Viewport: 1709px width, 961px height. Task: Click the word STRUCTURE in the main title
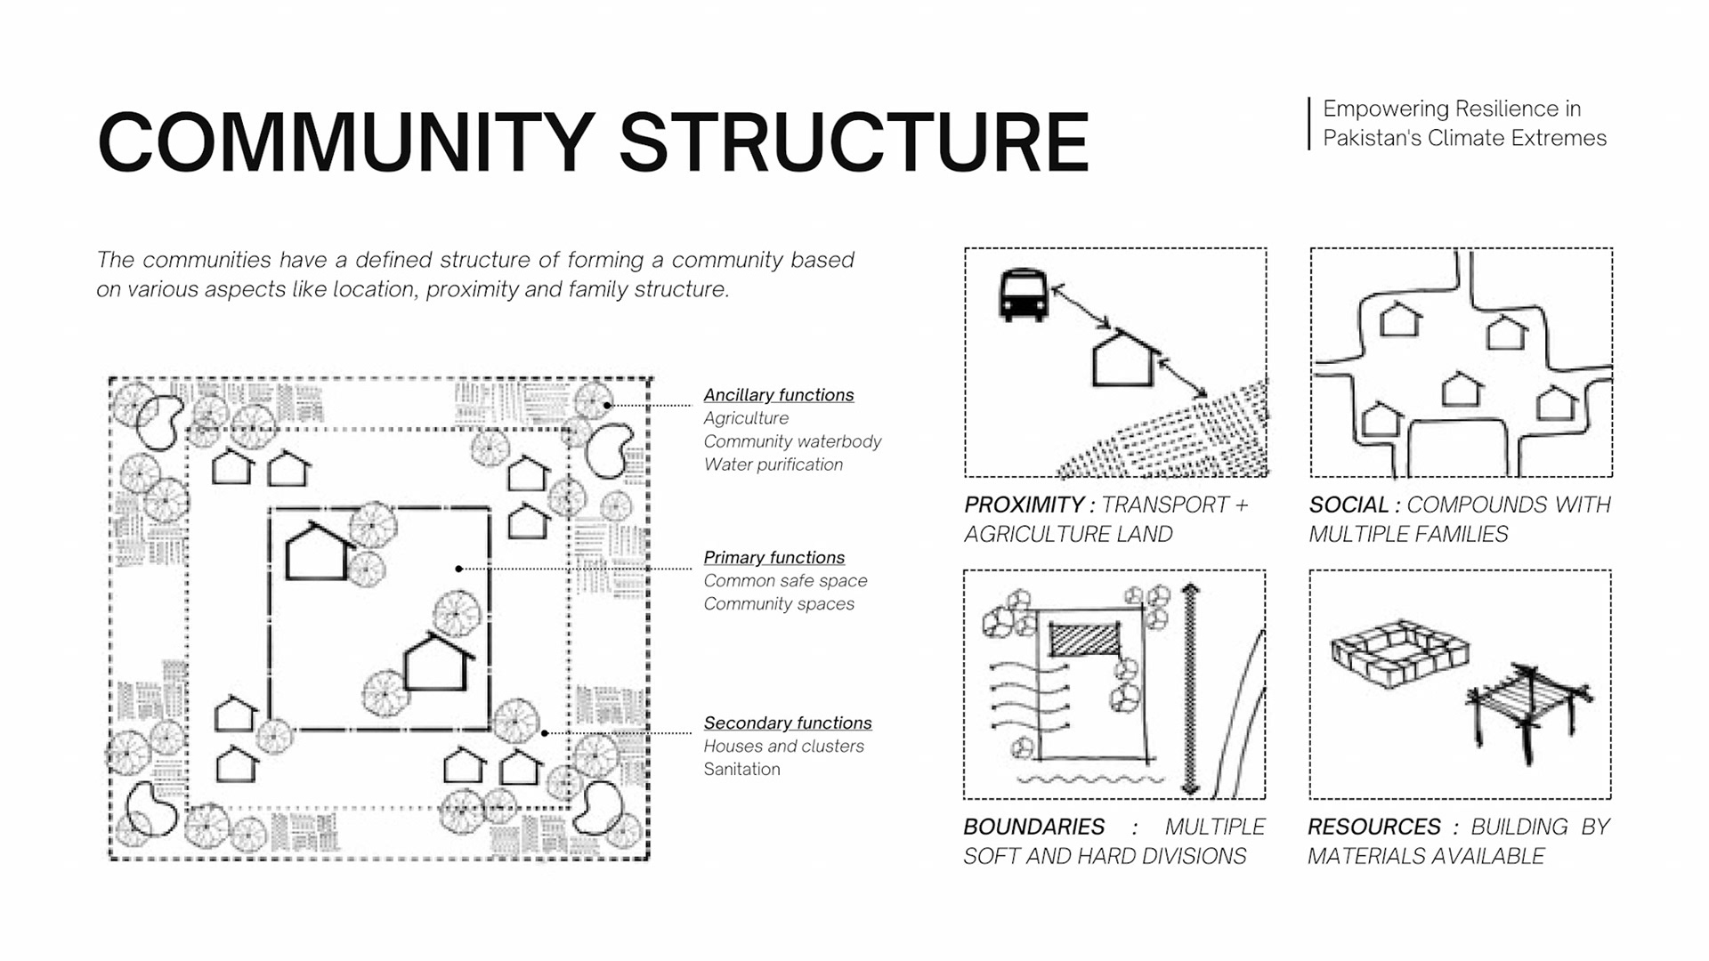point(853,142)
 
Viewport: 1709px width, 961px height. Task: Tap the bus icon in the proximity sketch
point(1023,295)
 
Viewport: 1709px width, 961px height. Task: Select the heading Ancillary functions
point(778,395)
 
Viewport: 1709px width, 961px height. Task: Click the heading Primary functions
point(774,558)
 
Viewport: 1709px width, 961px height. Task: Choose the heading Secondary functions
point(787,723)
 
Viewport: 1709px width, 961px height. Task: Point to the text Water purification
point(773,464)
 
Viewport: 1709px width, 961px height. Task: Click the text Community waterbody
point(791,441)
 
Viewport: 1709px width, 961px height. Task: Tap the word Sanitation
point(741,770)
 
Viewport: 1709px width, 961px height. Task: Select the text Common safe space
point(785,581)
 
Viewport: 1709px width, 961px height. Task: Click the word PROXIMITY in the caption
point(1024,505)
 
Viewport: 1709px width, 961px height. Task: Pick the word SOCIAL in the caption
point(1349,505)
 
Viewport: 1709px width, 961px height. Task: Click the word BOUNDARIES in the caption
point(1033,828)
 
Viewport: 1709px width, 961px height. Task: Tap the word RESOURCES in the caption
point(1373,828)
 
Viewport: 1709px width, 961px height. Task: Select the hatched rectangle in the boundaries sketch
point(1083,639)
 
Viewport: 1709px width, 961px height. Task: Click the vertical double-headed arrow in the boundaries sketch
point(1190,690)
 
